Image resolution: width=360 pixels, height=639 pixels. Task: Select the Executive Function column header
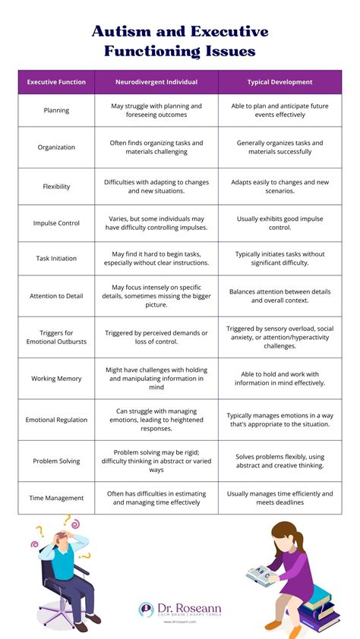56,82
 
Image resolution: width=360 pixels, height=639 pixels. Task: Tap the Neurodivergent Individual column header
156,82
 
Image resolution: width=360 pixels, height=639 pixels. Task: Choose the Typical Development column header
279,82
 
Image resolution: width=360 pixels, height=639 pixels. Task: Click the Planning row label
56,111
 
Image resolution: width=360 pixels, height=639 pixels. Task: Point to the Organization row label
56,147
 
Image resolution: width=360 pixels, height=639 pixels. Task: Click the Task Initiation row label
56,258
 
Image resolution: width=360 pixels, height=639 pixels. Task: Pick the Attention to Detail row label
56,295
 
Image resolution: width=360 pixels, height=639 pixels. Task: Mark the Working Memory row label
56,378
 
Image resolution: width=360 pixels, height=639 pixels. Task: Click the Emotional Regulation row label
56,420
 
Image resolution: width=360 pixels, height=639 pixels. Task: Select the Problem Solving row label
56,461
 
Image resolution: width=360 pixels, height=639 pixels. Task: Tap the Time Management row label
56,498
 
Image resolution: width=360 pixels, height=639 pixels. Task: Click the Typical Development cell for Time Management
279,498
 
